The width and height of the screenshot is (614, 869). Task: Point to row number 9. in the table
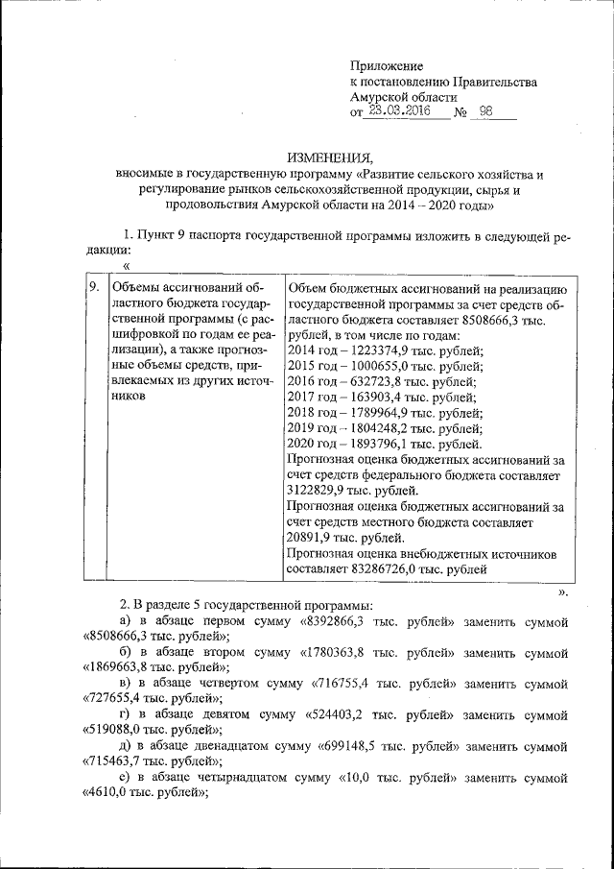tap(94, 287)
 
